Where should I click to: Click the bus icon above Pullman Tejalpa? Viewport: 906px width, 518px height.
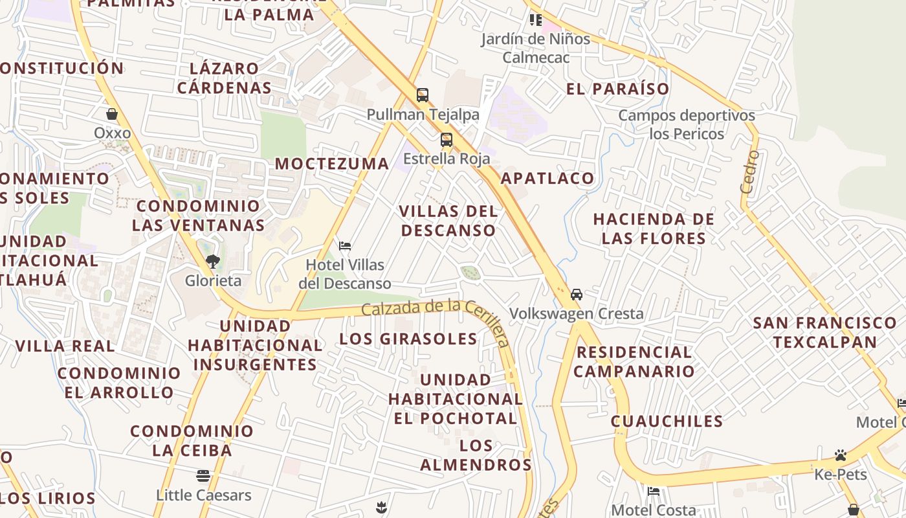point(423,95)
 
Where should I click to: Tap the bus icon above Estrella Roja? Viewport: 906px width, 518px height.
point(446,139)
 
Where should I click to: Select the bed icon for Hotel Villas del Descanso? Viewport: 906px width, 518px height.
point(345,246)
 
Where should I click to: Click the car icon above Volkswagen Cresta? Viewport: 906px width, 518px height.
point(576,295)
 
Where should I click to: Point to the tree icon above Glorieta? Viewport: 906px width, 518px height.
point(212,262)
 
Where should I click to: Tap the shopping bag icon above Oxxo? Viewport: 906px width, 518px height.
point(112,115)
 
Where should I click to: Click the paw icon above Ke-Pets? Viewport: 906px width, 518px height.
point(840,455)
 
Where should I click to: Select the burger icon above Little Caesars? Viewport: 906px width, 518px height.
point(203,476)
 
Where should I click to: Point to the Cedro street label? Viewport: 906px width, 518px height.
point(749,172)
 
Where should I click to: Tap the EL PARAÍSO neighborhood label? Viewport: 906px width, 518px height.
point(617,89)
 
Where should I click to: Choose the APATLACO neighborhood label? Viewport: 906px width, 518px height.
point(547,178)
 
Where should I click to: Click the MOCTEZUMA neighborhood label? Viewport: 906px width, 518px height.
point(332,164)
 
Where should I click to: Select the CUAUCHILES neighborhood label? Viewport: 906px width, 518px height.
point(667,422)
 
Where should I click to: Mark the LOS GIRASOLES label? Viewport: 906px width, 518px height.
point(408,339)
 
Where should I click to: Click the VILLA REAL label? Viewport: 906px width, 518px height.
point(65,346)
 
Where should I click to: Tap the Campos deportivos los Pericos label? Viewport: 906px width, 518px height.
point(687,125)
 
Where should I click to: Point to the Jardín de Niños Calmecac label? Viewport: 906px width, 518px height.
point(536,48)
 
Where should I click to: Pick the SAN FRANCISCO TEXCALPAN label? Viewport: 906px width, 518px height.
point(824,332)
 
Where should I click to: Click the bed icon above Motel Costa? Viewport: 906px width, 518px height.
point(654,491)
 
